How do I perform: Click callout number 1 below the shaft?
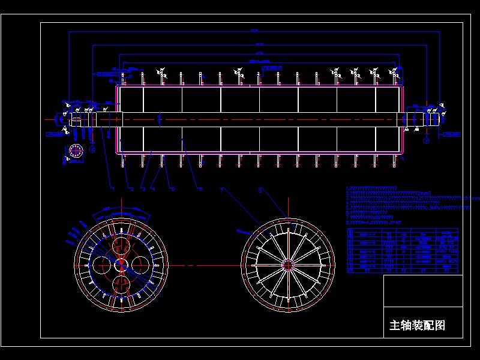coord(112,189)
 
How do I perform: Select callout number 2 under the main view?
coord(131,189)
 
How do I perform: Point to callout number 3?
coord(143,189)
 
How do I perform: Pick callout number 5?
coord(173,189)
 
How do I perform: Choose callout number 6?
coord(200,189)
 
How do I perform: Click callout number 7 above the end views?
coord(221,190)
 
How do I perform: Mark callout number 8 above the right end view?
coord(260,190)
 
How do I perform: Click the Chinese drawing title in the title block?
coord(418,326)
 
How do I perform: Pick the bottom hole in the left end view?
coord(120,283)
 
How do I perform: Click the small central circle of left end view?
coord(120,264)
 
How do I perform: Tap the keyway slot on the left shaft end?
coord(76,118)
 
